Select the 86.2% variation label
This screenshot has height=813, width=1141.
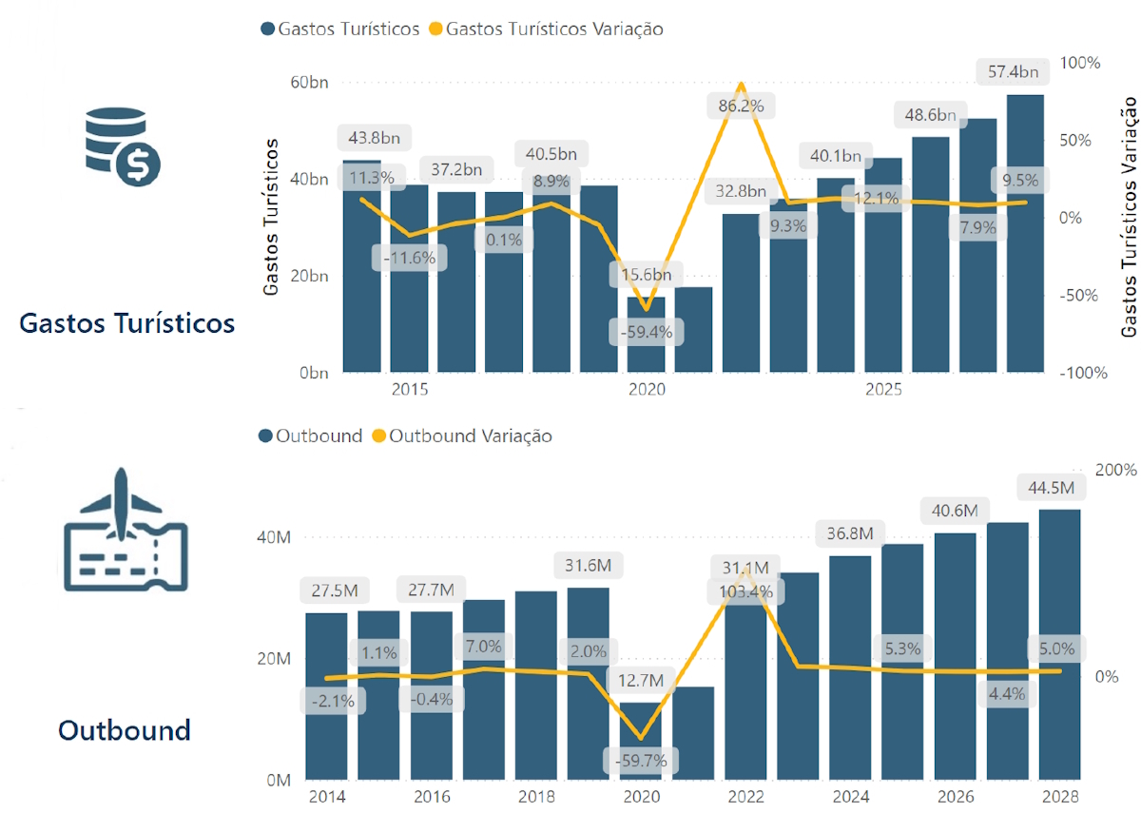click(741, 106)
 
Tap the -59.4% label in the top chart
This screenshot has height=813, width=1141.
click(646, 333)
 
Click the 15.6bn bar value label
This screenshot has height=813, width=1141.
click(646, 276)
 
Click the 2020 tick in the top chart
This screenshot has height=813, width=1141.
click(647, 390)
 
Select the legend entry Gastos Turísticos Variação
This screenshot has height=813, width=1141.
click(554, 29)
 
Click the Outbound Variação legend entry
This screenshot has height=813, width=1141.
click(470, 436)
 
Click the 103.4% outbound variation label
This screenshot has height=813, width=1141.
click(745, 591)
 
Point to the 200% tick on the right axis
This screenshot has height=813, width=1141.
click(1116, 471)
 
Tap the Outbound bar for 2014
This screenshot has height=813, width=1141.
click(326, 696)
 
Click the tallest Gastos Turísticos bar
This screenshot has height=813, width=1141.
click(1026, 233)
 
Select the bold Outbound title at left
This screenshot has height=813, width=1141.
click(124, 730)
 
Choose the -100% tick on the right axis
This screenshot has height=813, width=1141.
click(1085, 373)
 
